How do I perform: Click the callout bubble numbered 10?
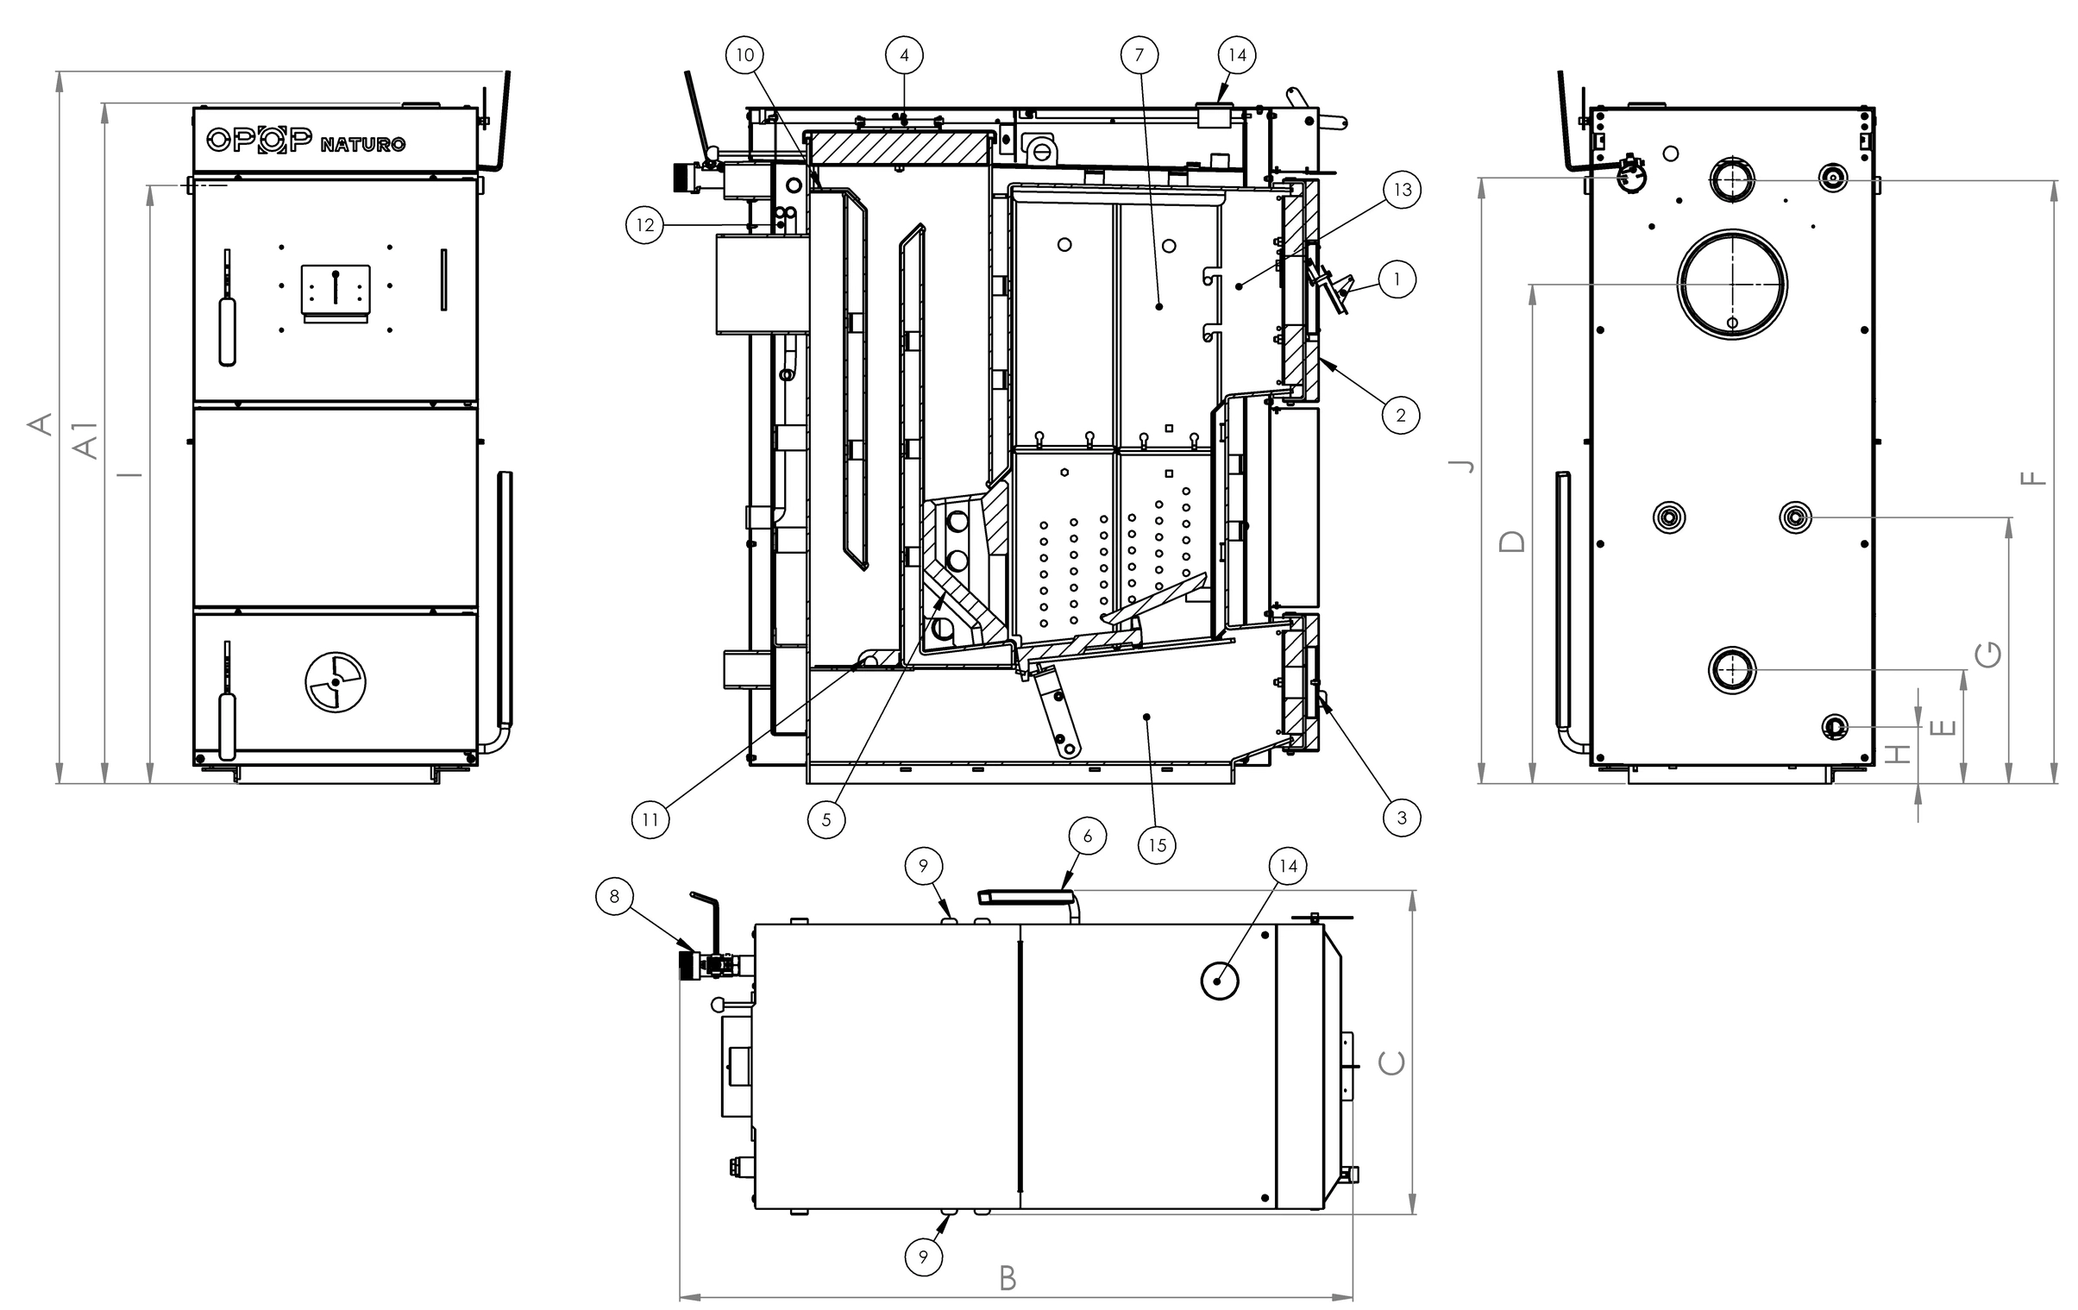tap(744, 55)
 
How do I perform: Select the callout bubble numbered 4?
tap(903, 55)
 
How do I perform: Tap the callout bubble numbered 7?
tap(1139, 55)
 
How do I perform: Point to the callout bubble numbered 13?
tap(1403, 189)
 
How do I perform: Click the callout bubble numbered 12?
tap(644, 225)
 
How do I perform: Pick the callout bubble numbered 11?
tap(650, 819)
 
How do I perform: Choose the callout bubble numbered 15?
tap(1158, 845)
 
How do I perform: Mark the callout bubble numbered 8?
tap(614, 896)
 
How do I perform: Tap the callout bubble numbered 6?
tap(1088, 836)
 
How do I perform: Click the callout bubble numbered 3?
tap(1402, 818)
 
